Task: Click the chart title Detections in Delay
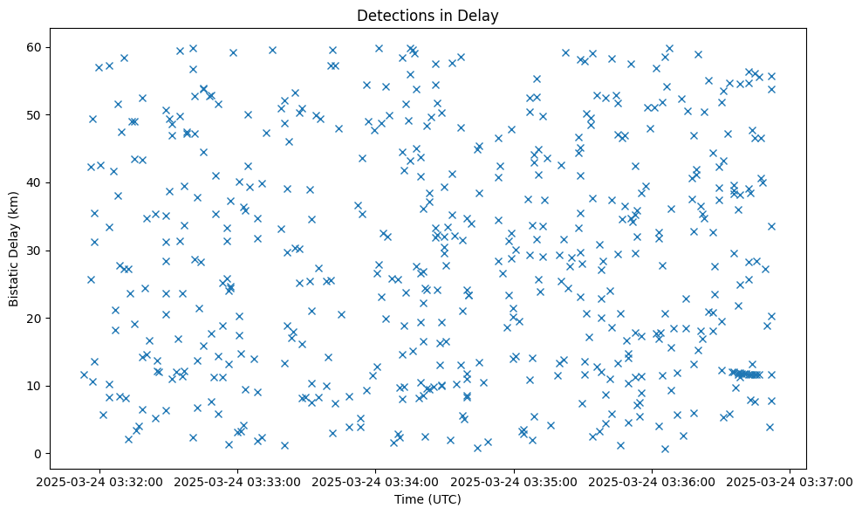428,15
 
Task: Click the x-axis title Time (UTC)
428,499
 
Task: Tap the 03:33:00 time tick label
237,482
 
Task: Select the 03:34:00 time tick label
376,482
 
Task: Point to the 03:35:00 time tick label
514,482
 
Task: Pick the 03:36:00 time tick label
653,482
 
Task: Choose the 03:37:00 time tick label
790,482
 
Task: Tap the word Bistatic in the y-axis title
14,278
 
